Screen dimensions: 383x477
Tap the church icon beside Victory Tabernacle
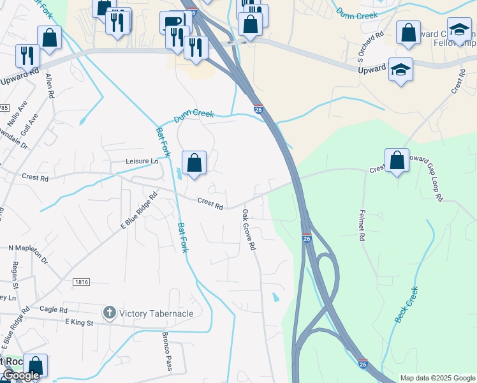click(109, 313)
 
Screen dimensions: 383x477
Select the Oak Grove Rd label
click(248, 230)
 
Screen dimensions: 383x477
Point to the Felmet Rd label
click(362, 225)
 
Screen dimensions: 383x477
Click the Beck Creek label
click(406, 305)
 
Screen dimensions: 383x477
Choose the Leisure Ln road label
click(142, 161)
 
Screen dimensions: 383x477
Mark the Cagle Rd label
click(54, 310)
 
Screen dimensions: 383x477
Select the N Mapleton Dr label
click(28, 253)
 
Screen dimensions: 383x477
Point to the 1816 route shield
click(81, 282)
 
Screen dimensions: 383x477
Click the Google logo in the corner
click(20, 376)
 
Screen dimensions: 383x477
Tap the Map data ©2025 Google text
click(437, 378)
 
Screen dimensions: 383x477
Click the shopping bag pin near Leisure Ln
click(194, 163)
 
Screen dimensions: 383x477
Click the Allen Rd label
click(49, 85)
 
